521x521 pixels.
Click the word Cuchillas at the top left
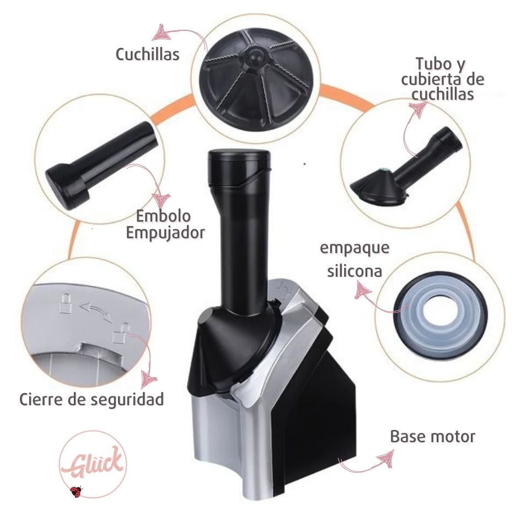click(147, 54)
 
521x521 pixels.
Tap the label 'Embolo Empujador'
click(165, 224)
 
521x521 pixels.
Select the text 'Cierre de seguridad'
click(92, 399)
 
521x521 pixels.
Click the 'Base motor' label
click(432, 437)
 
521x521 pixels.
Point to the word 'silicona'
click(355, 271)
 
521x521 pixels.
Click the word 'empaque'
click(355, 248)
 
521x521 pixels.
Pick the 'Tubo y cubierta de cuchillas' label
click(443, 79)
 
